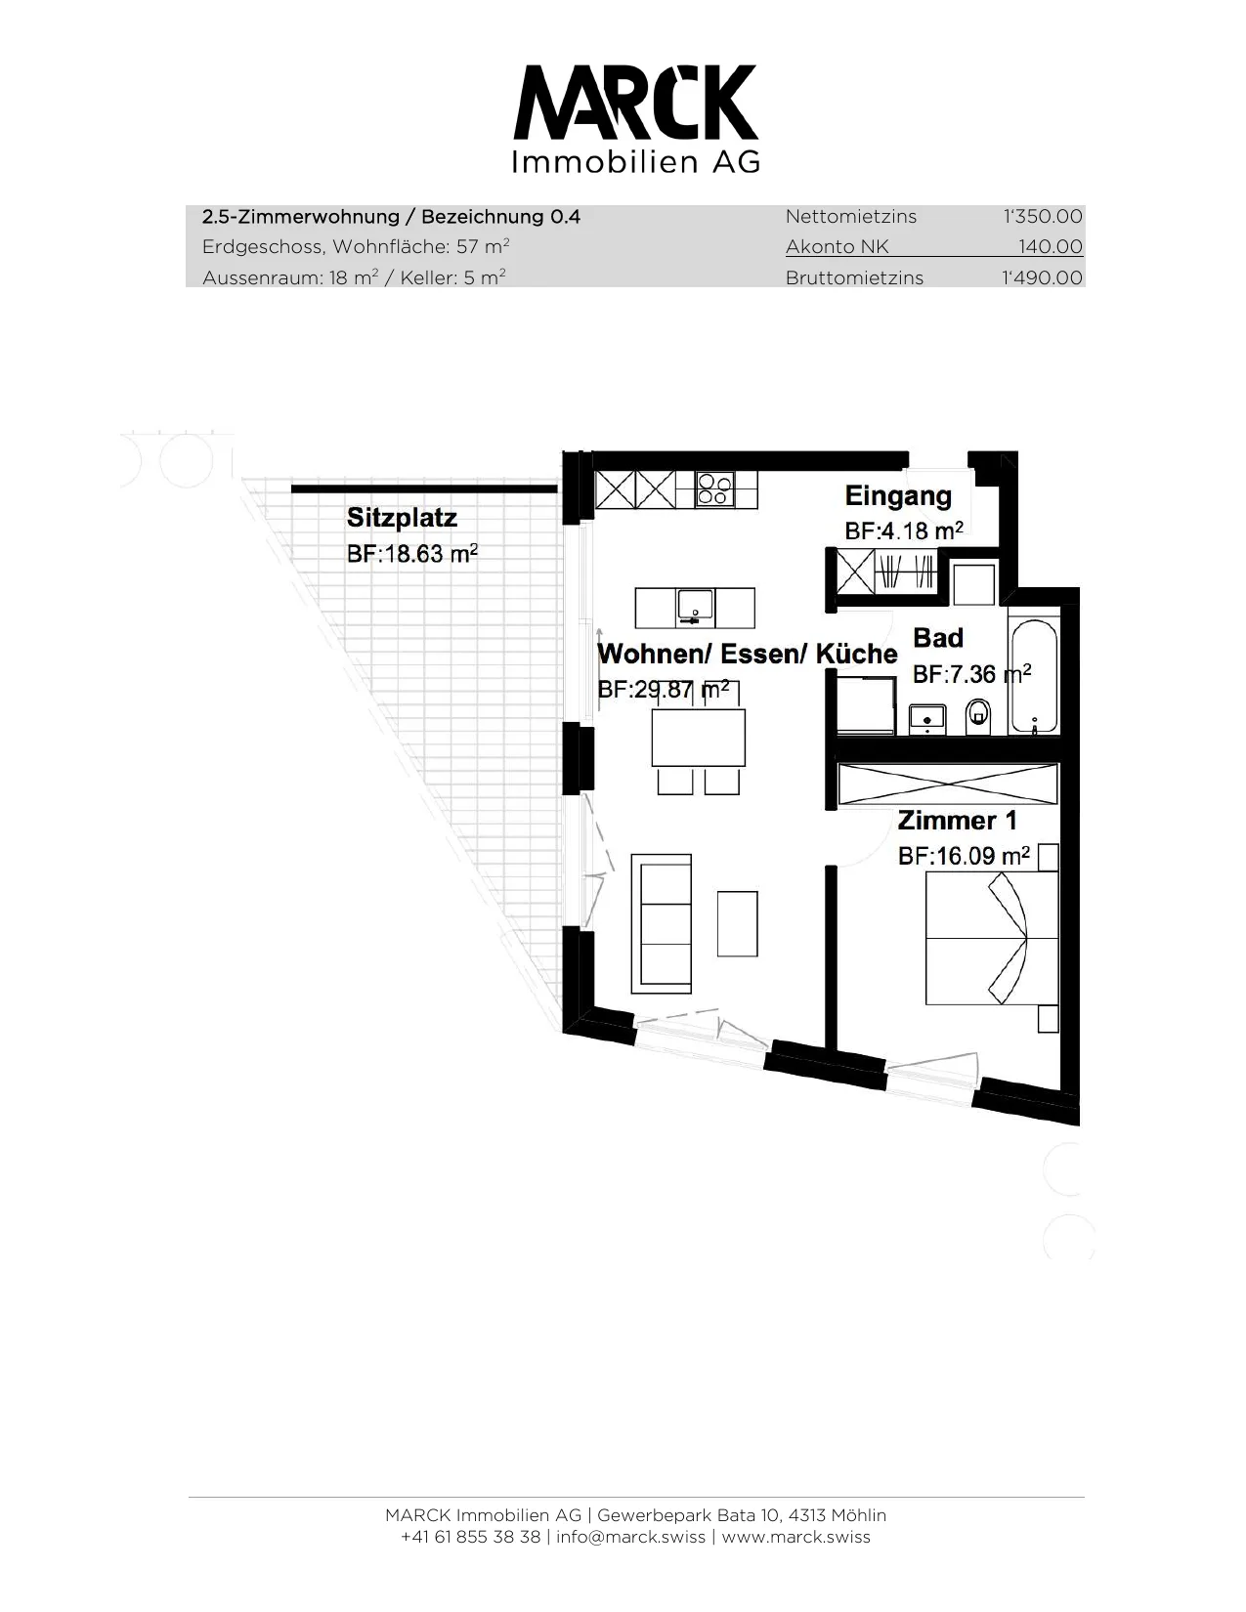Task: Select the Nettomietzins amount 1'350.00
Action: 1042,217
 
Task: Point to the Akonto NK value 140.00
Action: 1051,246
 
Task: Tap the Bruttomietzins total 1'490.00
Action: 1042,277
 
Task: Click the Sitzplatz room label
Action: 402,518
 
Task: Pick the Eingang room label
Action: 898,496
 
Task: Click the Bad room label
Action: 938,638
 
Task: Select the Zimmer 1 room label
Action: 957,821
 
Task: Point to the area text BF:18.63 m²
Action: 411,553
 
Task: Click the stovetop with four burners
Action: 714,489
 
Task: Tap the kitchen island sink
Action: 696,607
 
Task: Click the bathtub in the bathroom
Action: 1033,675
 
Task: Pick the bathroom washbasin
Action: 926,717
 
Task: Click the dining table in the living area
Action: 699,738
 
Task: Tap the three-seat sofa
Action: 662,923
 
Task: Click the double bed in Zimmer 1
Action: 992,938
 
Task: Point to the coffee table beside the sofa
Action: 737,923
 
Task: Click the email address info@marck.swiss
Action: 630,1537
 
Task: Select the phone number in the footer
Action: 470,1537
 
